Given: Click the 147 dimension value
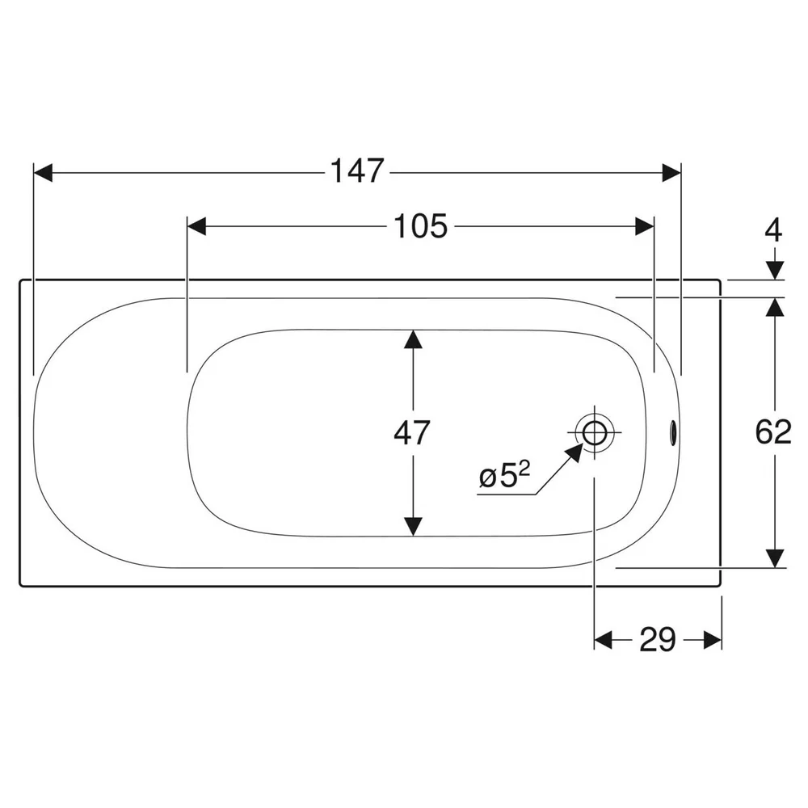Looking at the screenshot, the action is click(x=357, y=171).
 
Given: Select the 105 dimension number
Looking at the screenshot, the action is click(x=420, y=226).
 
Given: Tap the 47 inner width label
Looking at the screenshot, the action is click(x=412, y=433).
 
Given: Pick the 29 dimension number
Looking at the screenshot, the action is click(x=658, y=640).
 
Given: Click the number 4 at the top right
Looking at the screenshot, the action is click(x=773, y=230).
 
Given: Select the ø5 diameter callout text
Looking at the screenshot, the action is click(x=504, y=474).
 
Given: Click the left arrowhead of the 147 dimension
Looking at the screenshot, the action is click(x=43, y=173).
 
